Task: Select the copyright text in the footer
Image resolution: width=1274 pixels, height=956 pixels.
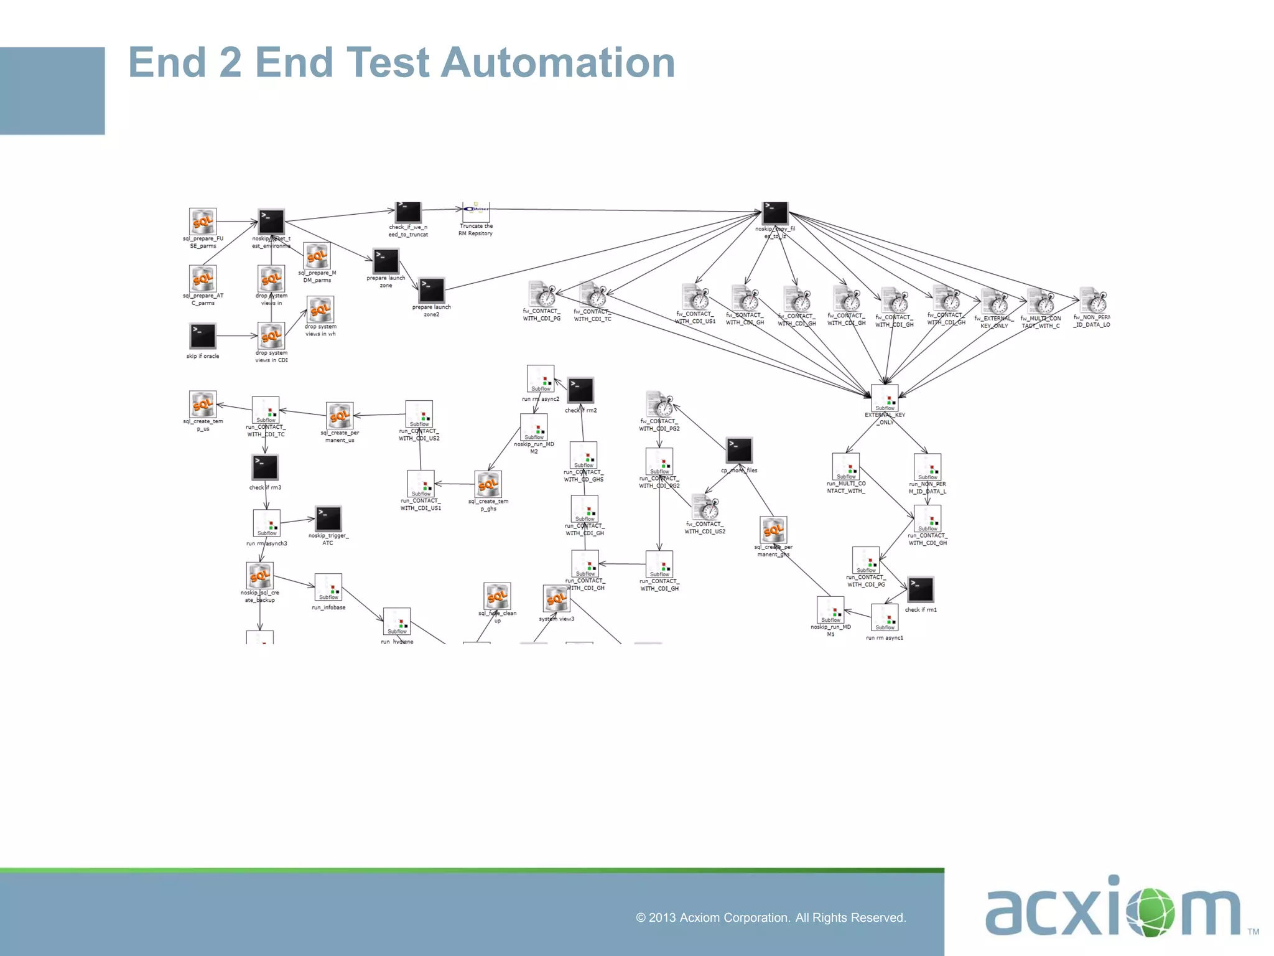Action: point(771,917)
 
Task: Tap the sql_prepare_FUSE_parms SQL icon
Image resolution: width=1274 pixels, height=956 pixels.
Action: point(203,222)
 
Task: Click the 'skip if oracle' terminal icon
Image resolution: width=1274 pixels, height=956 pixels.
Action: point(203,336)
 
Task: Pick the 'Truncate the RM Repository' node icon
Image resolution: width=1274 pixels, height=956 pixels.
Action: point(476,210)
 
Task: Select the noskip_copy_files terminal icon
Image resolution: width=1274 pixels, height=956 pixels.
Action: point(775,212)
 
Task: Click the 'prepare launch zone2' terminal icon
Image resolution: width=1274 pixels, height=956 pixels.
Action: point(432,290)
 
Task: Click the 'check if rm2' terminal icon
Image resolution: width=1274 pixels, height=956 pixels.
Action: point(580,390)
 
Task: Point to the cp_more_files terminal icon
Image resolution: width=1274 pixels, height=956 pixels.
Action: point(739,450)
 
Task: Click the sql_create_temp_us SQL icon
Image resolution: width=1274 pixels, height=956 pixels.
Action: point(203,405)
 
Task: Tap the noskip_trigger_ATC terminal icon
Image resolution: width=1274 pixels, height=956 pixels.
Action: point(328,518)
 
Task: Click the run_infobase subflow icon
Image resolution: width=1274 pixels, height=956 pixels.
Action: point(328,588)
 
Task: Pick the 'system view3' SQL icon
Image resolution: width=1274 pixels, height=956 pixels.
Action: point(556,599)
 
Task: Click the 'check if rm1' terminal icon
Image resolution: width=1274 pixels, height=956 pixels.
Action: point(921,589)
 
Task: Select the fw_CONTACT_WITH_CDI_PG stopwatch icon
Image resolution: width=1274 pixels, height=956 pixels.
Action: point(542,294)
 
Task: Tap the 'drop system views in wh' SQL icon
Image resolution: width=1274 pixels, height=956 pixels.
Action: point(320,309)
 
